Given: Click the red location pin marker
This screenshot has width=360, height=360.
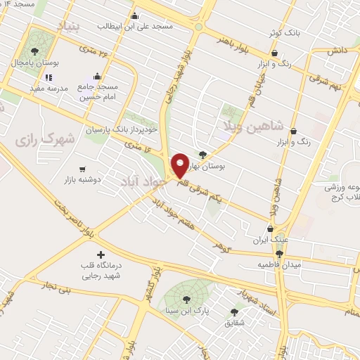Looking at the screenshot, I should [x=180, y=165].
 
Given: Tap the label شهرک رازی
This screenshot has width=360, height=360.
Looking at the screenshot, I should [x=34, y=139].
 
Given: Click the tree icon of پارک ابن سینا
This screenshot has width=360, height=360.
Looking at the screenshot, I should [x=186, y=300].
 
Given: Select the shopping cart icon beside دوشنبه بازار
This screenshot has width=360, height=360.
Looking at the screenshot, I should [x=83, y=169].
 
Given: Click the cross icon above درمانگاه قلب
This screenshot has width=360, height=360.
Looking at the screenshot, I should [x=101, y=254].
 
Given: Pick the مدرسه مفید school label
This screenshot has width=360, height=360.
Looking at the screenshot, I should [x=48, y=89].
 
